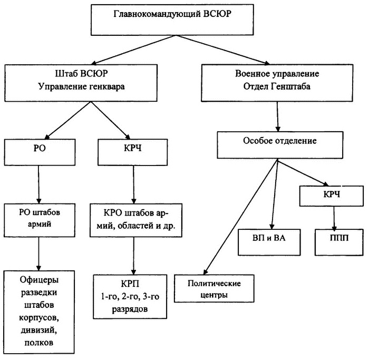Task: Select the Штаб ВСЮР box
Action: click(x=76, y=81)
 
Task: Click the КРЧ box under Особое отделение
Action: click(x=332, y=195)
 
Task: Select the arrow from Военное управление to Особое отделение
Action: click(x=276, y=115)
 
